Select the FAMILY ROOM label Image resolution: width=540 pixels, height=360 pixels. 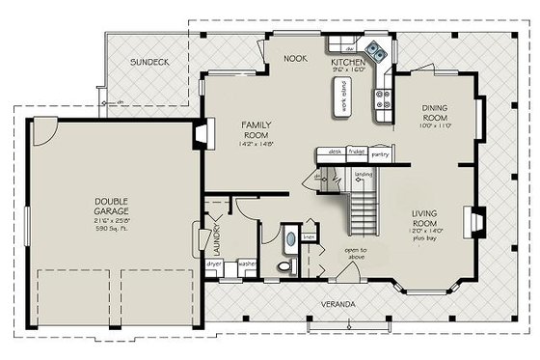256,131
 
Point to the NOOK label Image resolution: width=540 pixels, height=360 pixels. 294,58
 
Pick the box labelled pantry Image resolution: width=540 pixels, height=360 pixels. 380,152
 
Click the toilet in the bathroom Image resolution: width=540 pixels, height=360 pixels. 283,263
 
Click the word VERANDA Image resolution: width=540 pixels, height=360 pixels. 338,305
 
